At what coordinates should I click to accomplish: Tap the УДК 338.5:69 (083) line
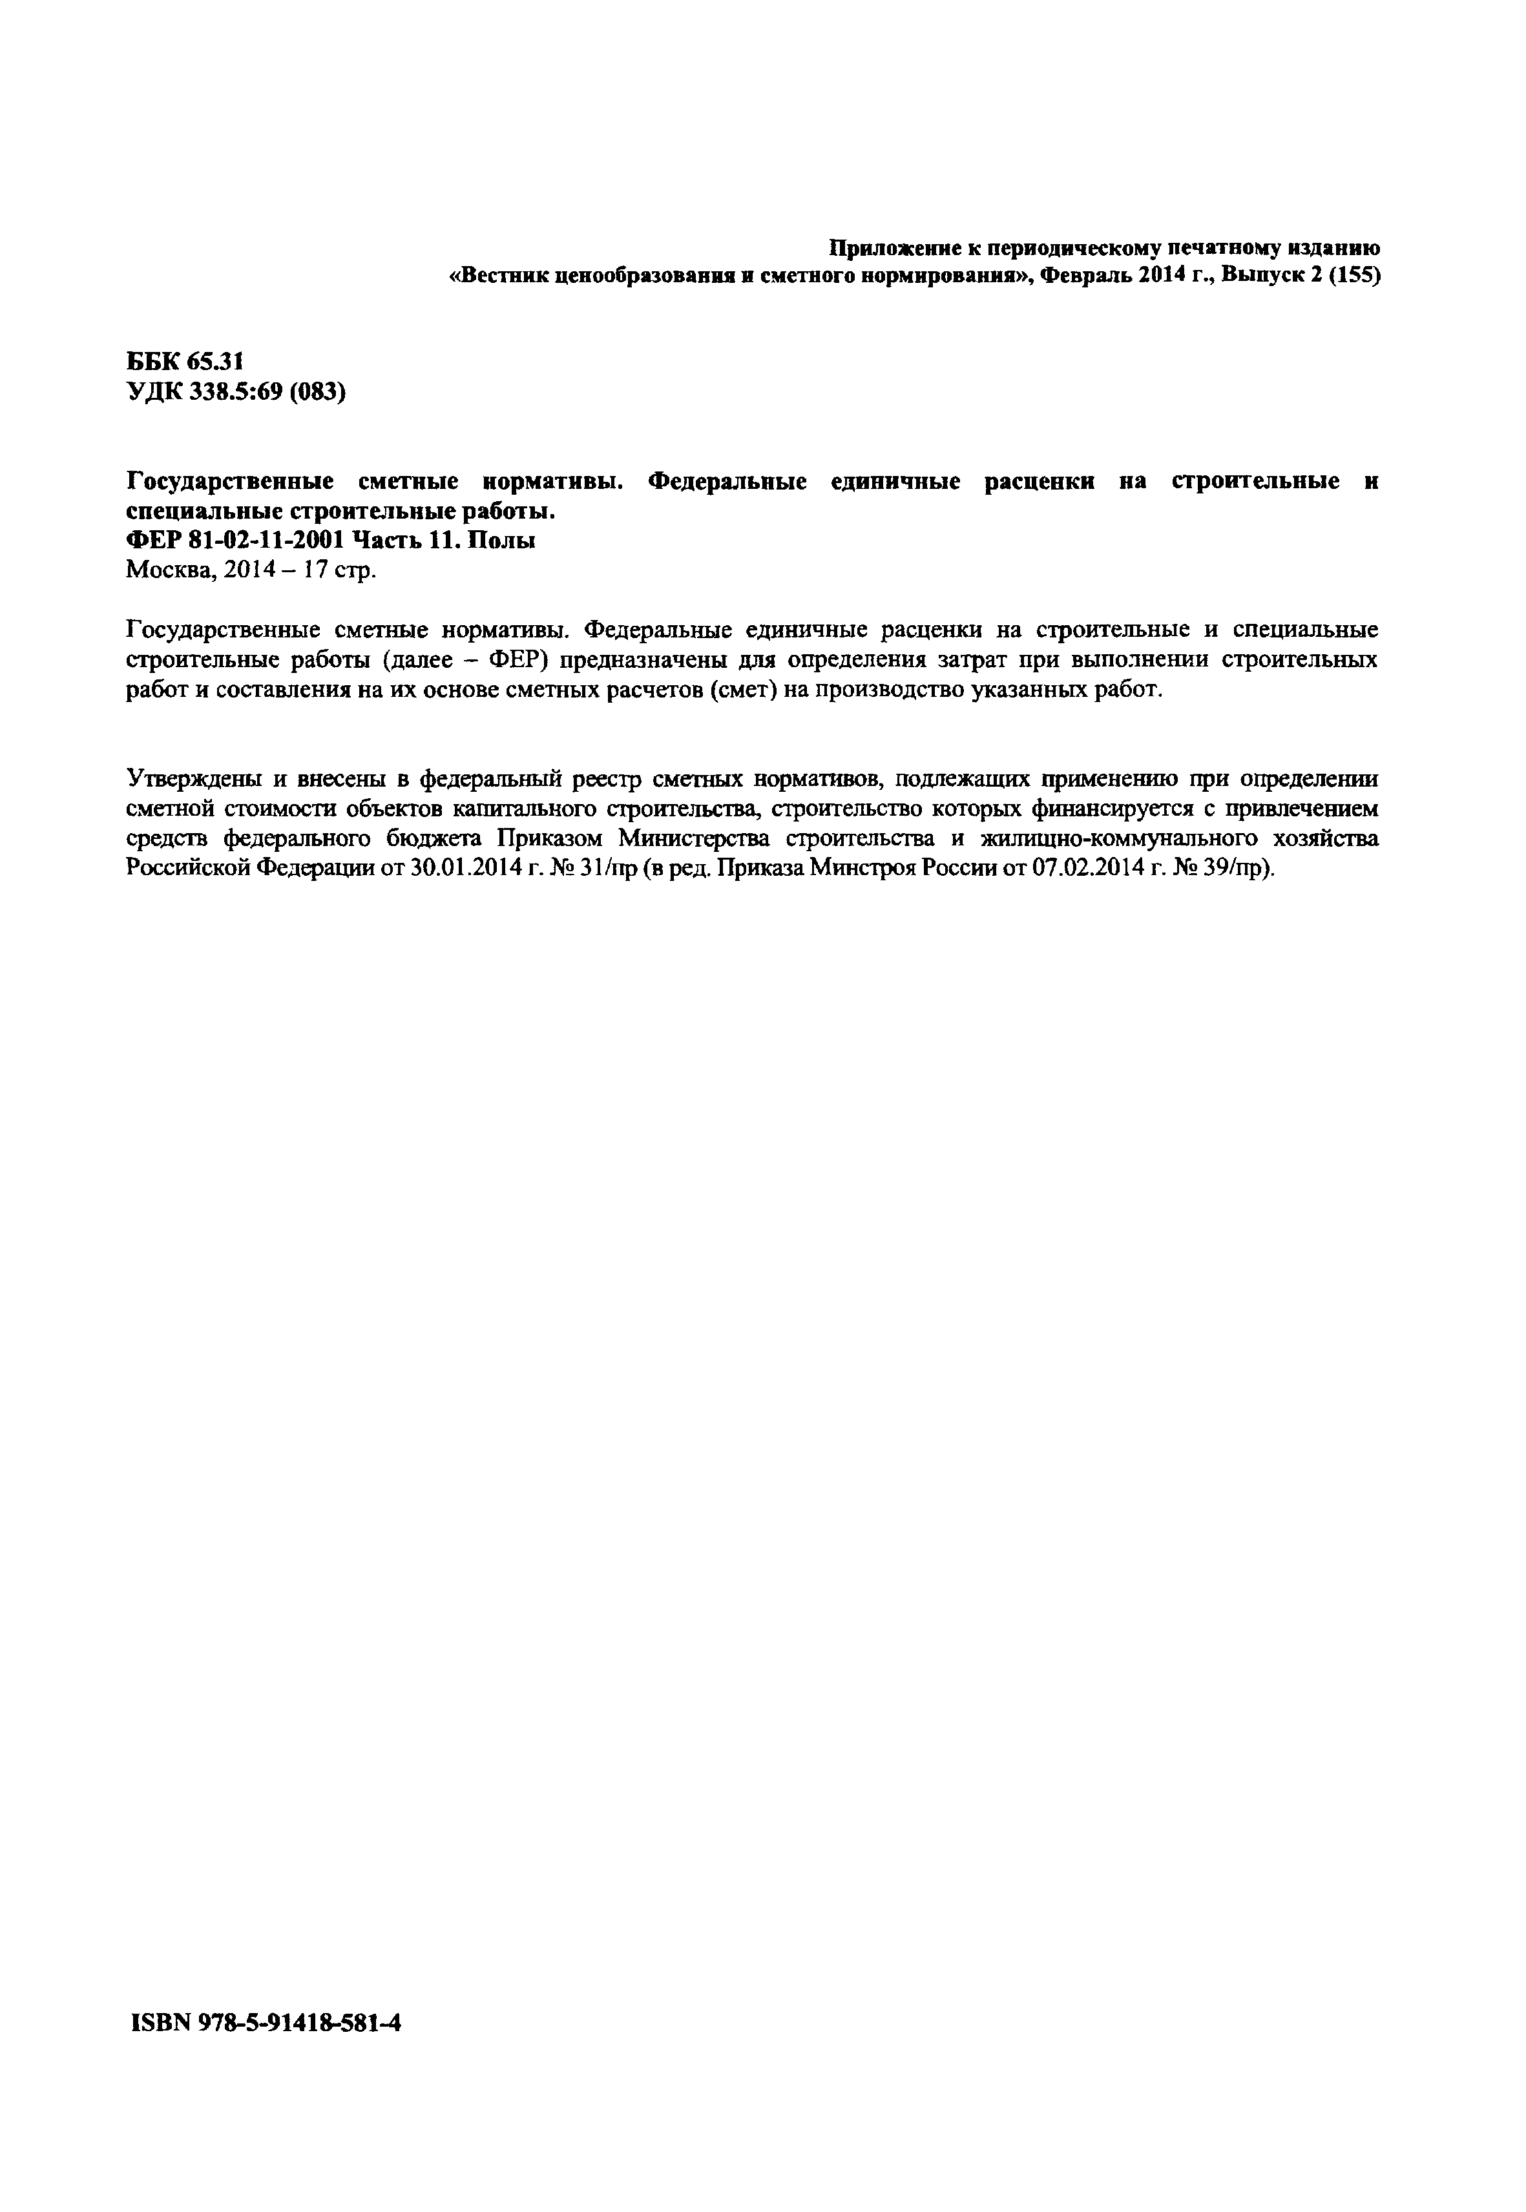pos(236,392)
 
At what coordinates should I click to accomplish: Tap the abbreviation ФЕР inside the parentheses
pos(516,661)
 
